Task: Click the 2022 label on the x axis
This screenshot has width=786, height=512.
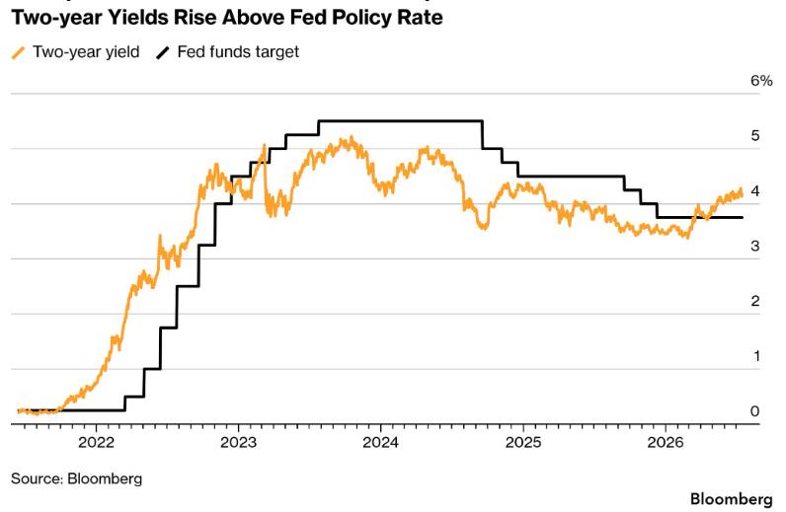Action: point(97,442)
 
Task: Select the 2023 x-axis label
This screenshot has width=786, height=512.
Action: point(239,442)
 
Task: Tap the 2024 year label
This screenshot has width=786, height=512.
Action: point(381,442)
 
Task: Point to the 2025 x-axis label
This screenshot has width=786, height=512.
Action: point(523,442)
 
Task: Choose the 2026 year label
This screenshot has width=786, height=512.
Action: point(666,442)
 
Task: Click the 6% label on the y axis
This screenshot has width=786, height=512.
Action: point(761,81)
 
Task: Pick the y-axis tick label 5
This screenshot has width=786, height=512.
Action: point(755,136)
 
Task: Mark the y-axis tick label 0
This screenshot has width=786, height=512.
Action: point(755,411)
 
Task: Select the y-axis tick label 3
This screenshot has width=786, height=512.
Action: point(755,246)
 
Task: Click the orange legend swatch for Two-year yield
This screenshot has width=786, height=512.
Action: point(19,52)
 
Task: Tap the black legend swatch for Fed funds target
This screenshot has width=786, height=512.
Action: point(162,52)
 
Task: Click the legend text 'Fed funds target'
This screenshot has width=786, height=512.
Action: point(238,52)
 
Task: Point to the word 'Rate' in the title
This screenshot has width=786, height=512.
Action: point(422,18)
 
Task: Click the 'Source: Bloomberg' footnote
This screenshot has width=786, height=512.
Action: point(77,478)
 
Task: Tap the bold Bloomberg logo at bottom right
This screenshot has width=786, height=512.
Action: point(732,499)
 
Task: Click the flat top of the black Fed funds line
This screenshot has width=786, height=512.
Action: point(401,120)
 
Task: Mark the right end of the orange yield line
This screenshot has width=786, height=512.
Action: point(742,194)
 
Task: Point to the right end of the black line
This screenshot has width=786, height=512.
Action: point(743,217)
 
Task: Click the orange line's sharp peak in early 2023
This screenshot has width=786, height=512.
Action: point(265,145)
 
